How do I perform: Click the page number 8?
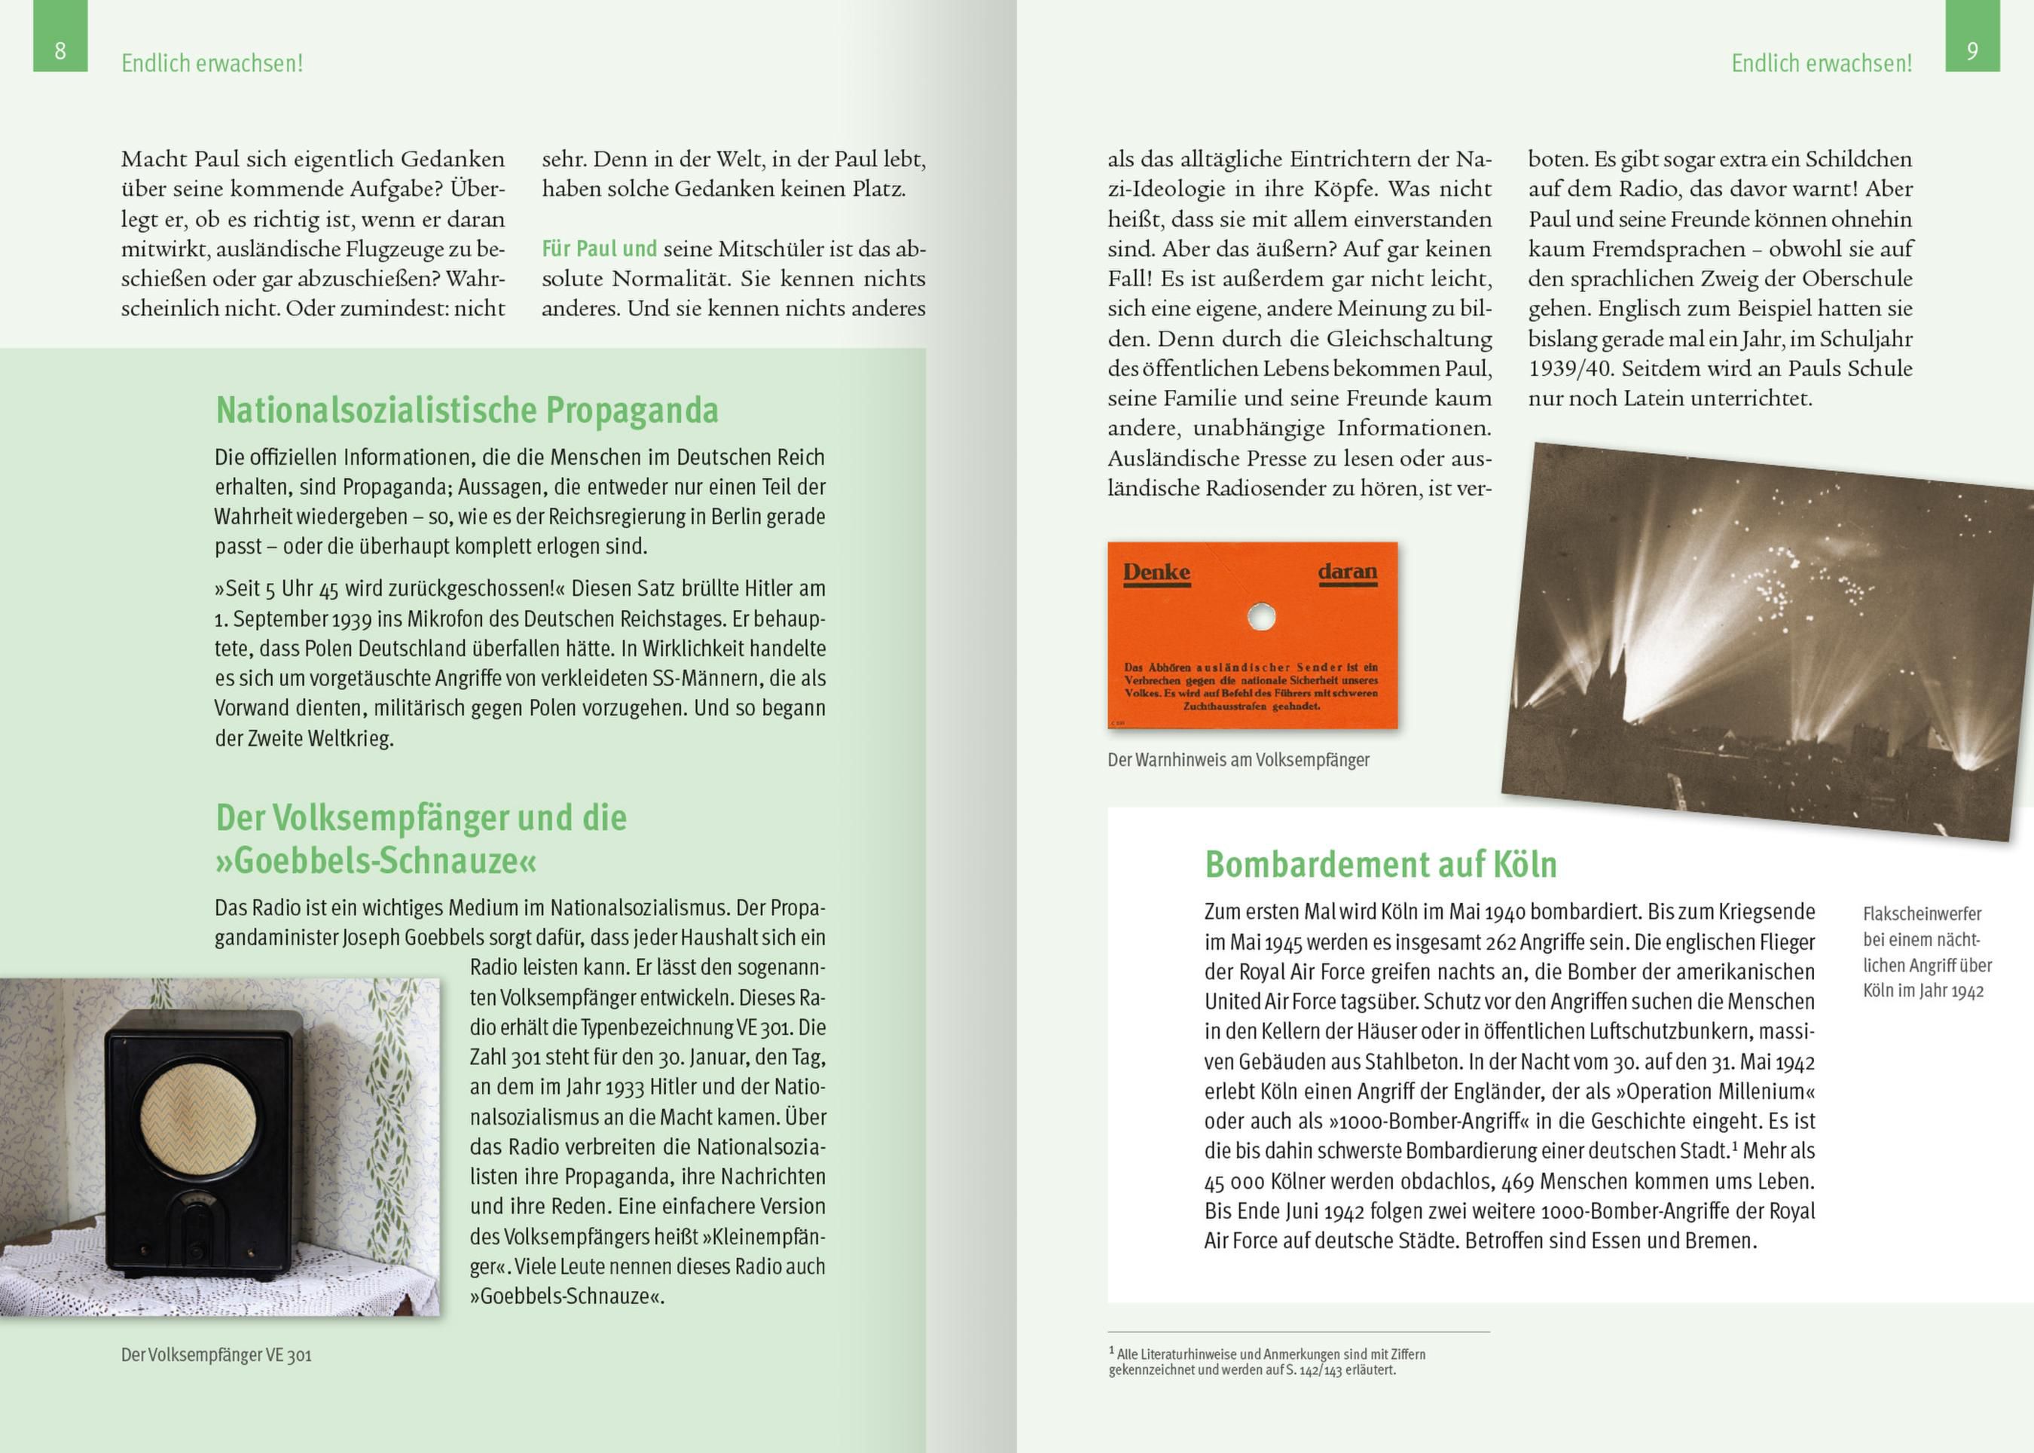point(60,50)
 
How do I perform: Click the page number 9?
point(1972,50)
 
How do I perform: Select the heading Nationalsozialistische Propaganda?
point(467,410)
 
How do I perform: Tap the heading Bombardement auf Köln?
point(1381,864)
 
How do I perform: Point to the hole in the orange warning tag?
point(1261,616)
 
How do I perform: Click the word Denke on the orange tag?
point(1156,572)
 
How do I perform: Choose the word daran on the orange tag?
point(1347,572)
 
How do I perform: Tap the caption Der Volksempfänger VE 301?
point(216,1354)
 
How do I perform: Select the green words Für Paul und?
point(600,249)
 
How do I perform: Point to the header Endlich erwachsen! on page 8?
point(212,63)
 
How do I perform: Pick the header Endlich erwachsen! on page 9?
point(1821,63)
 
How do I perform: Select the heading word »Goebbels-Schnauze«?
point(376,861)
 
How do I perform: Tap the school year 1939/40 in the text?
point(1571,368)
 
